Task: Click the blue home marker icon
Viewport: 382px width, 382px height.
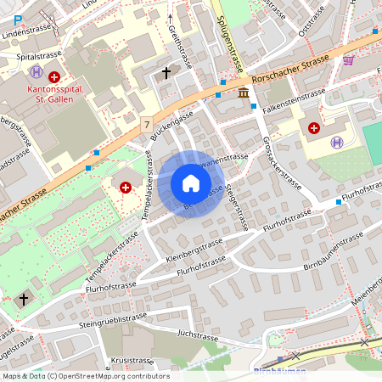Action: point(190,183)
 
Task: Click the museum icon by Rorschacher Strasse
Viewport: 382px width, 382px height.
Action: point(244,92)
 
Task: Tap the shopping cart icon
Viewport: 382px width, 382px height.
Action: point(348,59)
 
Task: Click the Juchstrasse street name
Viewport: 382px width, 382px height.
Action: point(199,336)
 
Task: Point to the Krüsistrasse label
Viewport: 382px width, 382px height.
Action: point(130,361)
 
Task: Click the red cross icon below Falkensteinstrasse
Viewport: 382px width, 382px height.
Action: point(314,127)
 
